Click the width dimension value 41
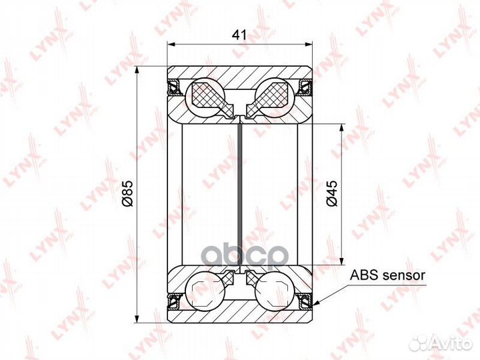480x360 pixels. pos(239,35)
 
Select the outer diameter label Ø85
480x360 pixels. pos(127,193)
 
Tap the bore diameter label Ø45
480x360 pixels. pos(332,193)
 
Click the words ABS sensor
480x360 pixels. pos(387,275)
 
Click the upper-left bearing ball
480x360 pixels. pos(206,97)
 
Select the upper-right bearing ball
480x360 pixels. pos(275,97)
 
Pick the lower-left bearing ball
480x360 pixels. pos(206,290)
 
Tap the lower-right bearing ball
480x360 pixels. pos(275,290)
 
